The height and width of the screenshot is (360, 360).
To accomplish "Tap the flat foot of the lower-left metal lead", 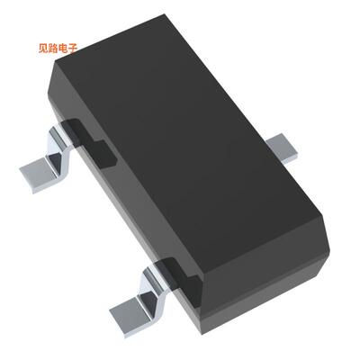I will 130,315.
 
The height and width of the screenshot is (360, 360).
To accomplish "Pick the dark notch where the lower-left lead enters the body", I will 171,269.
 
